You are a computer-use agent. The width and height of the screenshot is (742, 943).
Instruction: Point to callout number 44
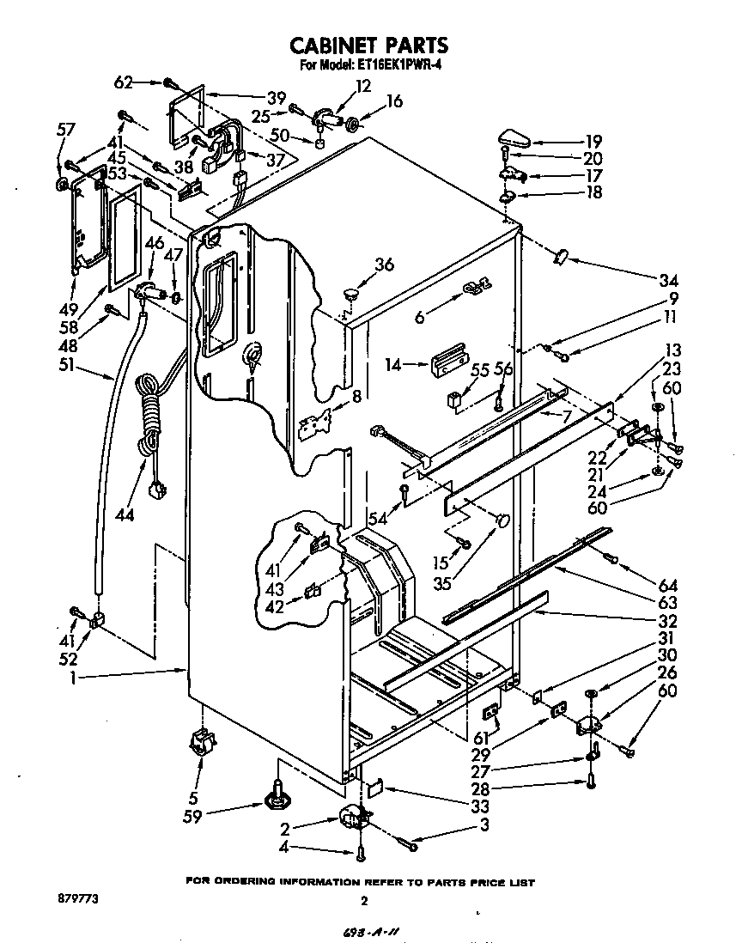pyautogui.click(x=125, y=514)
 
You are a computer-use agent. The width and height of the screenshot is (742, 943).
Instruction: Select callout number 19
pyautogui.click(x=593, y=142)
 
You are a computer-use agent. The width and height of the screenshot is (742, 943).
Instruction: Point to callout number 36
pyautogui.click(x=384, y=265)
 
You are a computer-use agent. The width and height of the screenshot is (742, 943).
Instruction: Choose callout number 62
pyautogui.click(x=124, y=83)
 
